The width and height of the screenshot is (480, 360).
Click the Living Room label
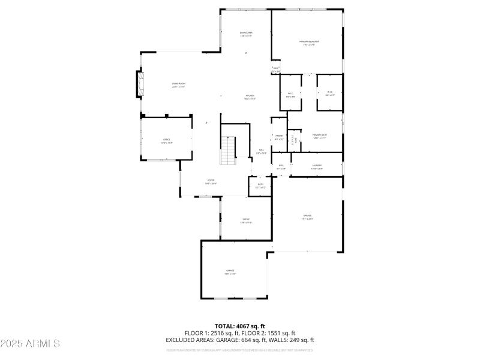(178, 85)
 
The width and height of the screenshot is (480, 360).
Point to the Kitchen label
(250, 97)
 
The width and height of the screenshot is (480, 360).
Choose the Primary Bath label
(319, 136)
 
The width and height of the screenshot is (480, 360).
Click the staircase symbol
(229, 150)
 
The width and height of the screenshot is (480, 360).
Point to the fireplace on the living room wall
(141, 84)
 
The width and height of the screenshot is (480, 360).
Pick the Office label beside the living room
(166, 141)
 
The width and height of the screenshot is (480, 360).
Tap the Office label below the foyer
(246, 221)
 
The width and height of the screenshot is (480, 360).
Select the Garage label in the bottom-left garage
(230, 272)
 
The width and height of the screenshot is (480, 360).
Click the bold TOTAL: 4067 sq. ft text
(240, 326)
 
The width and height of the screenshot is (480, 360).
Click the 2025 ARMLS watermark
(30, 344)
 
